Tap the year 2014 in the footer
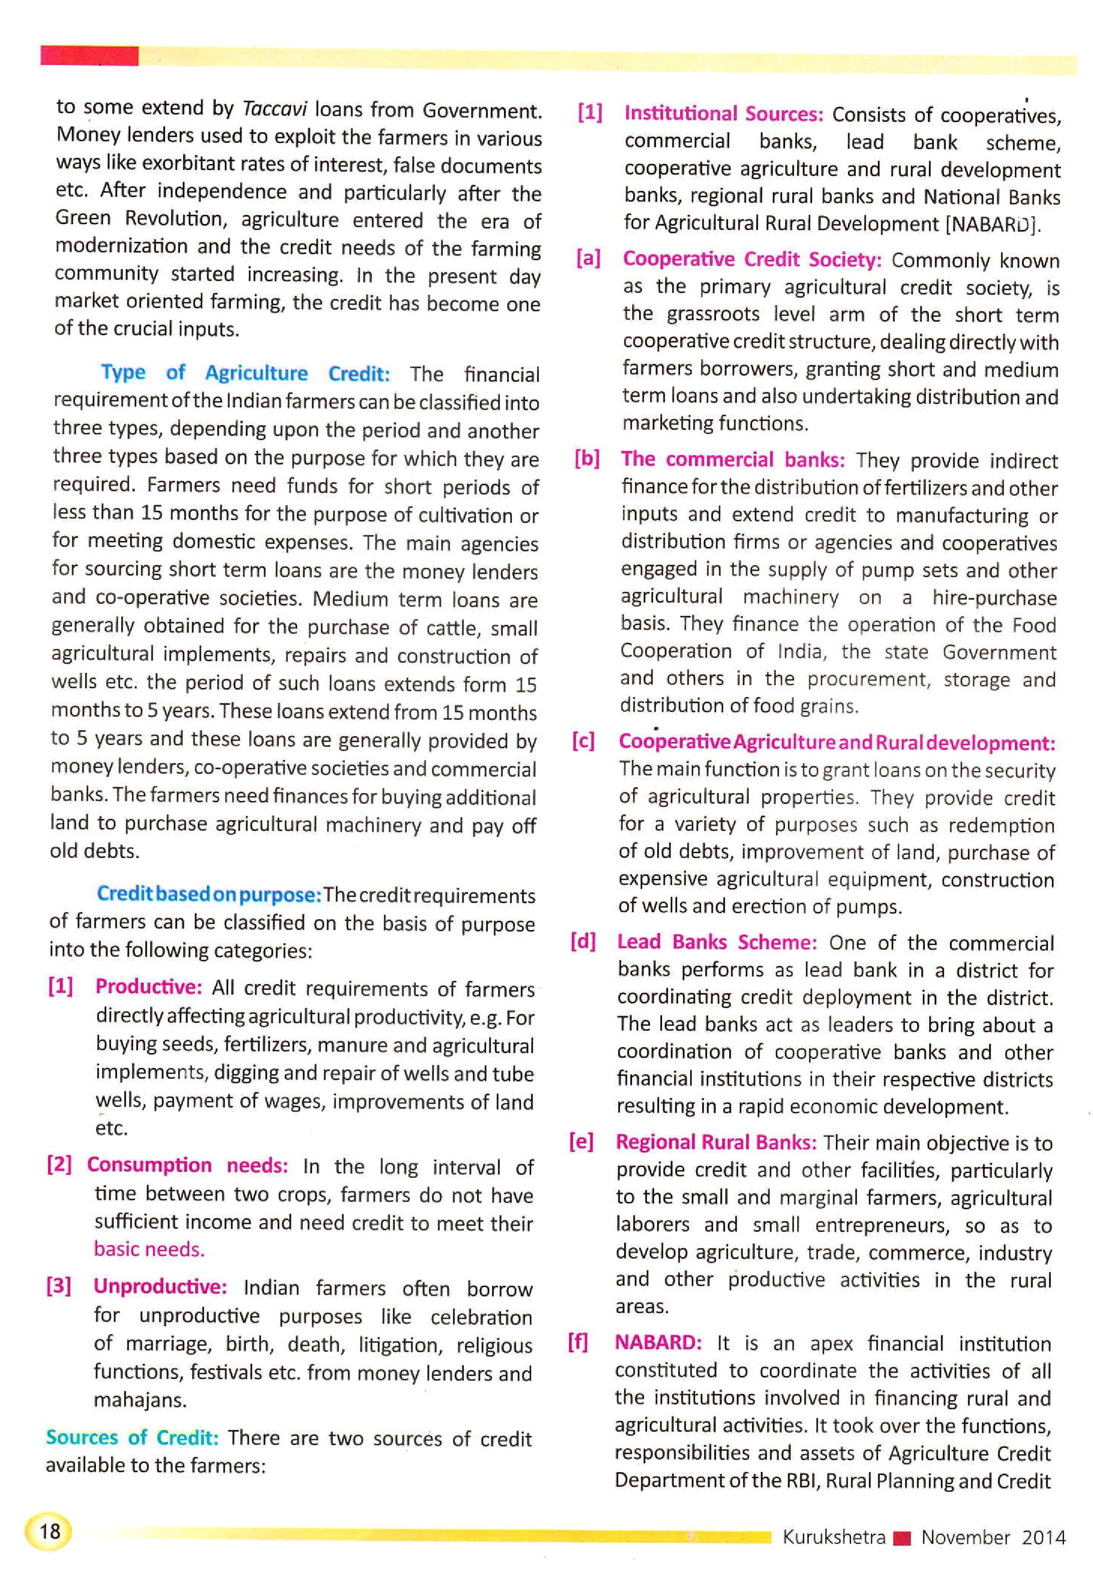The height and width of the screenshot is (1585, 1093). click(1043, 1537)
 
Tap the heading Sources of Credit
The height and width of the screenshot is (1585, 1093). click(132, 1436)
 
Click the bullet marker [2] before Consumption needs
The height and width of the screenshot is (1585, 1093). click(59, 1164)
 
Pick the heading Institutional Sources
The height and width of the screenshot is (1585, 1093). click(723, 113)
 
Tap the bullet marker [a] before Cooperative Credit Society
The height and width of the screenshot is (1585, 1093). click(588, 258)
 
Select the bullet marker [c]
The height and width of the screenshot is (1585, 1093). click(584, 741)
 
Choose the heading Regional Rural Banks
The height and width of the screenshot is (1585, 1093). click(716, 1142)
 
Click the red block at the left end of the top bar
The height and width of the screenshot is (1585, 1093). click(89, 56)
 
